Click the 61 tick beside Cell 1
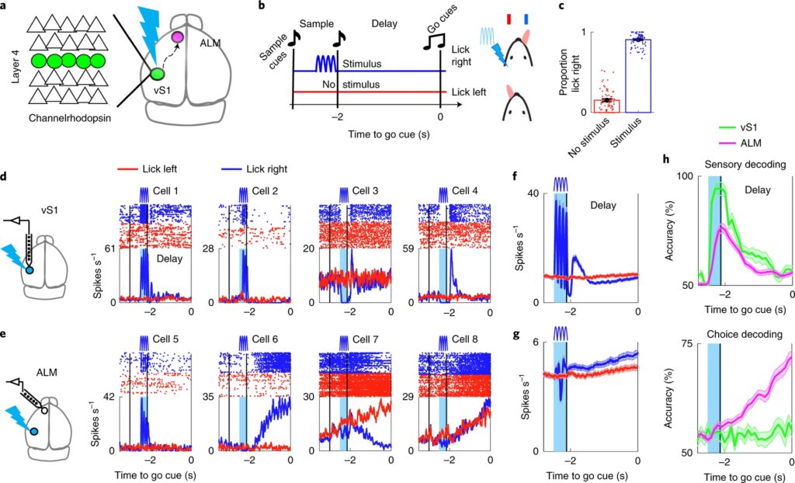coord(109,248)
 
